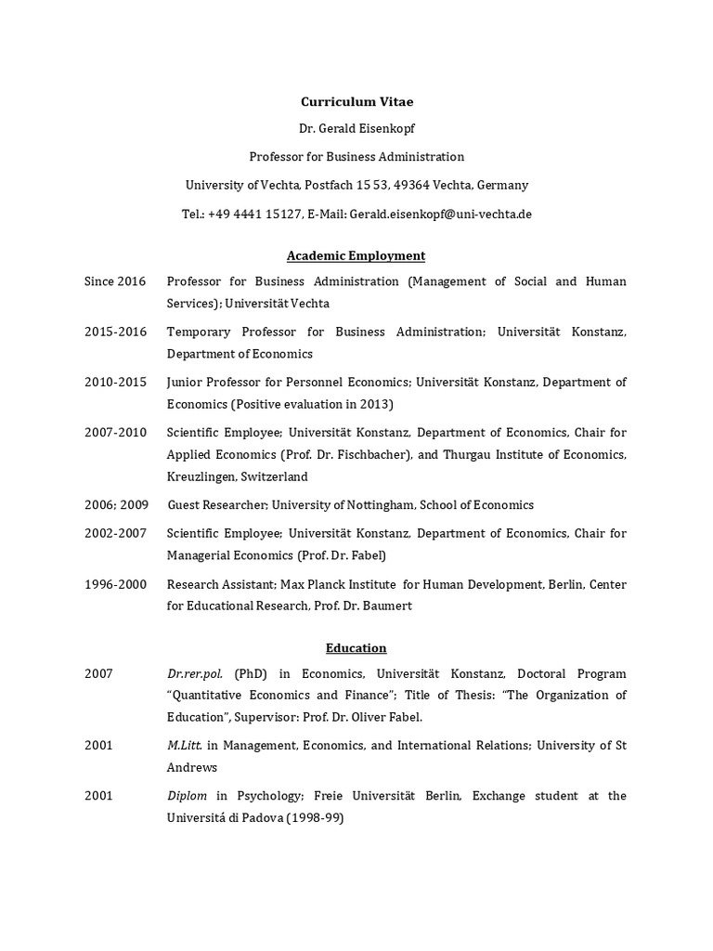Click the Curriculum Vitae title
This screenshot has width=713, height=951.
point(356,101)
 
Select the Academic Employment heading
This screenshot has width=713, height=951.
point(356,255)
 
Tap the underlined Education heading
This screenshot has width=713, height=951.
point(356,648)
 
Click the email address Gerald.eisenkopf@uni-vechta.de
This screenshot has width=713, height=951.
point(441,214)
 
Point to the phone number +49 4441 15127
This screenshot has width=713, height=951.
point(254,214)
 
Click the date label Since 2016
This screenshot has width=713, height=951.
point(115,281)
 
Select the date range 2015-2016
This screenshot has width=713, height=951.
point(115,332)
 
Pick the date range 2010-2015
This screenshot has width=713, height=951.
point(115,382)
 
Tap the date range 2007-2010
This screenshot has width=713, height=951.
point(115,432)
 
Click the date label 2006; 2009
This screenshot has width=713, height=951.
point(116,504)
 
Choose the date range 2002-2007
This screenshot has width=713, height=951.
point(115,533)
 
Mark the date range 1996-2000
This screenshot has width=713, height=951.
point(115,584)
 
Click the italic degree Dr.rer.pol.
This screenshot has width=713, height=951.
point(195,673)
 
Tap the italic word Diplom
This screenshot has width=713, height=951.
point(188,796)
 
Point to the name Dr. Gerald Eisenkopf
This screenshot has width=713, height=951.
point(356,129)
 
